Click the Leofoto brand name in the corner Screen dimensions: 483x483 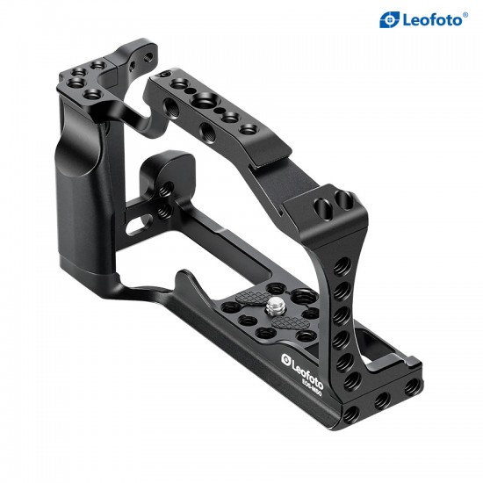tap(433, 18)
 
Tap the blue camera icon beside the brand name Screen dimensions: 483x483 tap(389, 18)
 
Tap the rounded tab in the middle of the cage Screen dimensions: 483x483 tap(162, 171)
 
